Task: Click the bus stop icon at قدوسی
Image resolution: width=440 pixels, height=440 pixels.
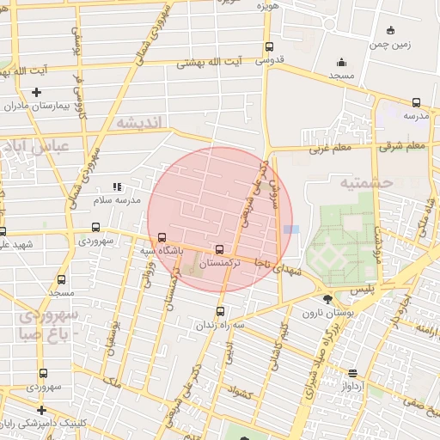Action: [x=269, y=47]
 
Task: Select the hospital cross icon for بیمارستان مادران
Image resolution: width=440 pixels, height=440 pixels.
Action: [x=36, y=92]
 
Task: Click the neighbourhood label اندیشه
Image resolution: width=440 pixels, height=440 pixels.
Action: [x=137, y=123]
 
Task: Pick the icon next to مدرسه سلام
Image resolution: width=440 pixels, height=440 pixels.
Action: [x=118, y=186]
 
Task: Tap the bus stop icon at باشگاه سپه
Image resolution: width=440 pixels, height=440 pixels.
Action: [x=162, y=238]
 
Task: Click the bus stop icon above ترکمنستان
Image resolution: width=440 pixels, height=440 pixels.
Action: [x=219, y=249]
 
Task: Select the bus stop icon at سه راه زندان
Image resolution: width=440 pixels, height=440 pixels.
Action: [x=221, y=311]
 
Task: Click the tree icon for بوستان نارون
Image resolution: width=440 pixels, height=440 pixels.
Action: [x=328, y=299]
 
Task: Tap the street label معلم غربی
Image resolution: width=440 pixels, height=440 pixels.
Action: [x=330, y=149]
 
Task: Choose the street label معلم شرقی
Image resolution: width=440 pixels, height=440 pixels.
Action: [x=403, y=145]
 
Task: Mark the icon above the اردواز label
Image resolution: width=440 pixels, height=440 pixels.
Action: [x=353, y=373]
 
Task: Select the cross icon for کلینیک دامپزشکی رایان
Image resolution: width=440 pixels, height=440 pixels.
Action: [x=41, y=410]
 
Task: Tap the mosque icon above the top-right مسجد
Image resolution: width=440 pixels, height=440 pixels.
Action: [x=342, y=62]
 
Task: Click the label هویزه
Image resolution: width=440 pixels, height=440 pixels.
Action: [x=268, y=5]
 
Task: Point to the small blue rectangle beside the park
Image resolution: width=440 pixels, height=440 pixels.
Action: [x=292, y=229]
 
